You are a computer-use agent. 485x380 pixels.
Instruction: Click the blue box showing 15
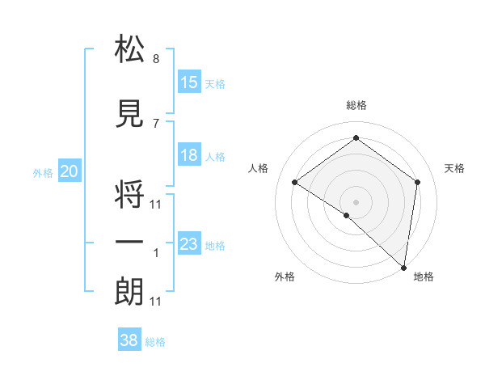point(189,82)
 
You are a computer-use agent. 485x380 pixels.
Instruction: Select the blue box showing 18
point(189,155)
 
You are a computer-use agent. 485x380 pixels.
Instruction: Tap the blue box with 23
point(189,244)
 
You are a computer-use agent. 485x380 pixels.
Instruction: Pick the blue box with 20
point(70,171)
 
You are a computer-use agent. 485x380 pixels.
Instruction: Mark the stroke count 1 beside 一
point(156,253)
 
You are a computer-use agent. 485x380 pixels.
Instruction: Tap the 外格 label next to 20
point(43,172)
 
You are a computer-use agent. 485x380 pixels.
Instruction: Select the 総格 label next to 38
point(155,342)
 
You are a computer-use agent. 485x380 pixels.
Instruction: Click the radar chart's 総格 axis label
point(356,105)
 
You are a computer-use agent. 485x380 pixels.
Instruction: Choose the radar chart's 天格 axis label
point(455,168)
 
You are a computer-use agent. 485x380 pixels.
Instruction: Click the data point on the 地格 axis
point(404,267)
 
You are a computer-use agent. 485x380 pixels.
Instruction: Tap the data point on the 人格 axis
point(295,183)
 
